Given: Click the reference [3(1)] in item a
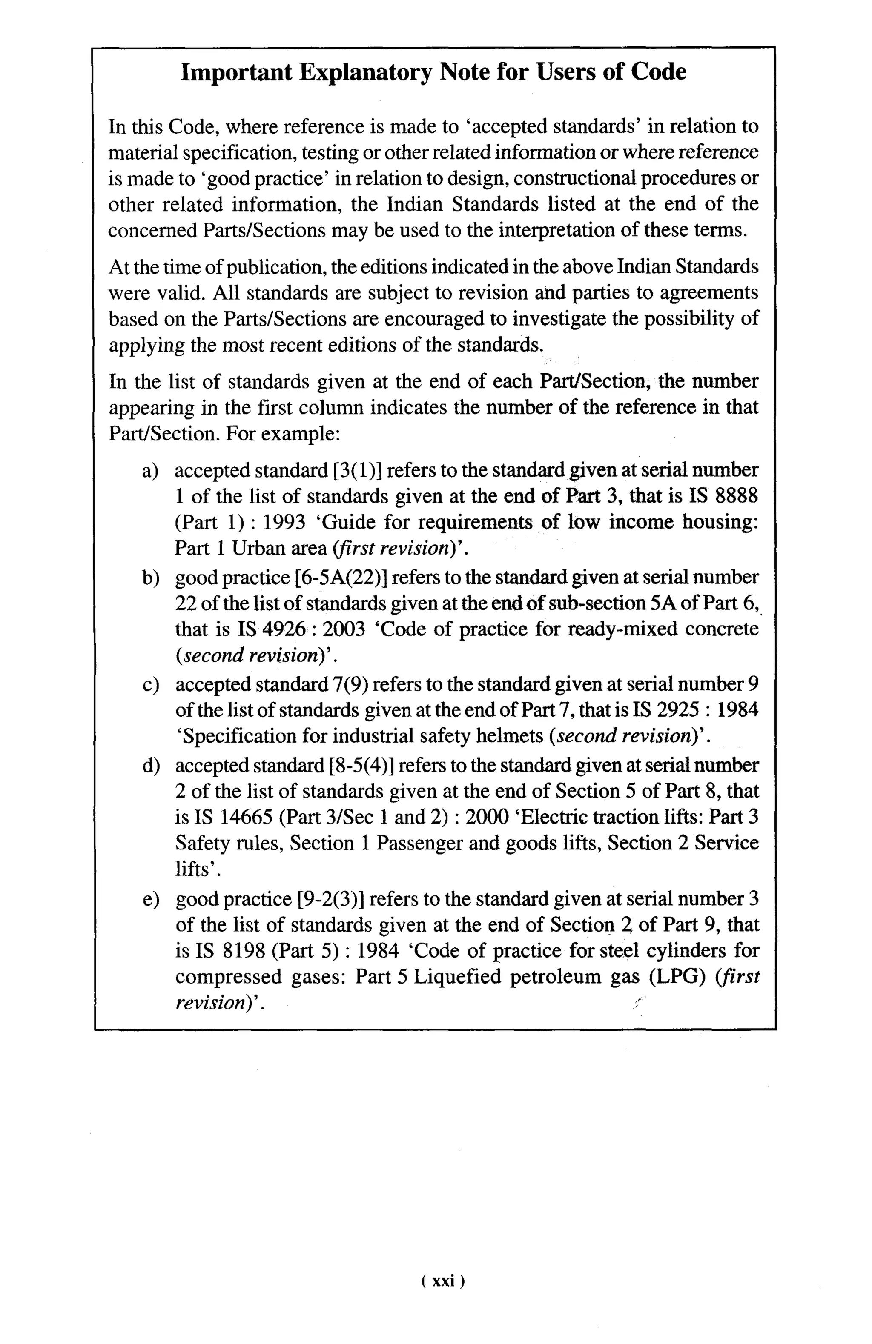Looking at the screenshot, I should pos(357,470).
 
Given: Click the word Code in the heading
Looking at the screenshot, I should pos(658,72).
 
